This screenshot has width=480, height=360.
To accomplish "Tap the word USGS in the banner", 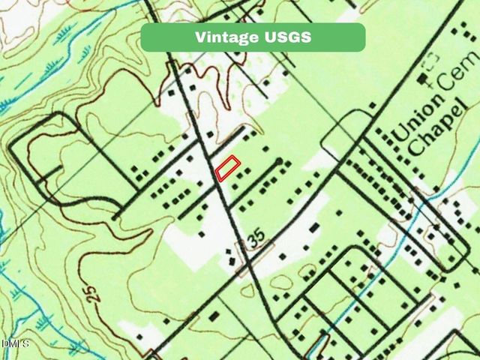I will (286, 37).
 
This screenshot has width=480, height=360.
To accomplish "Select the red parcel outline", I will (227, 168).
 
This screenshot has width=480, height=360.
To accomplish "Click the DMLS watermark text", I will (15, 343).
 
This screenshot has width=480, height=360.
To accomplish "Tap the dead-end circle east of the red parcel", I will (279, 161).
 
